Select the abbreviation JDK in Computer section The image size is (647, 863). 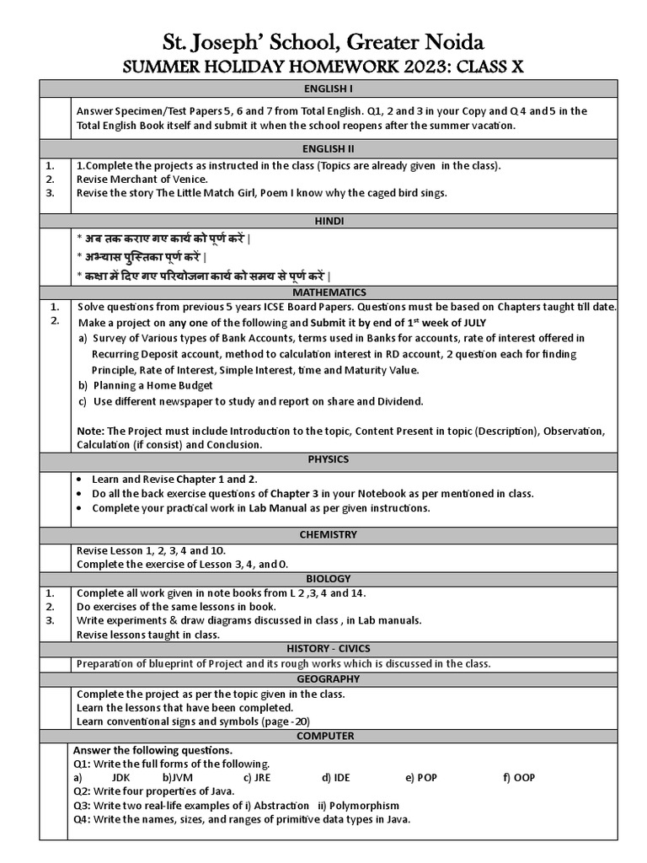point(121,778)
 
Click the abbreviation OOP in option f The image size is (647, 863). point(525,778)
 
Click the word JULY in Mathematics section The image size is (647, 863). point(471,323)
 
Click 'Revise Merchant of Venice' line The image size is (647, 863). point(142,179)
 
